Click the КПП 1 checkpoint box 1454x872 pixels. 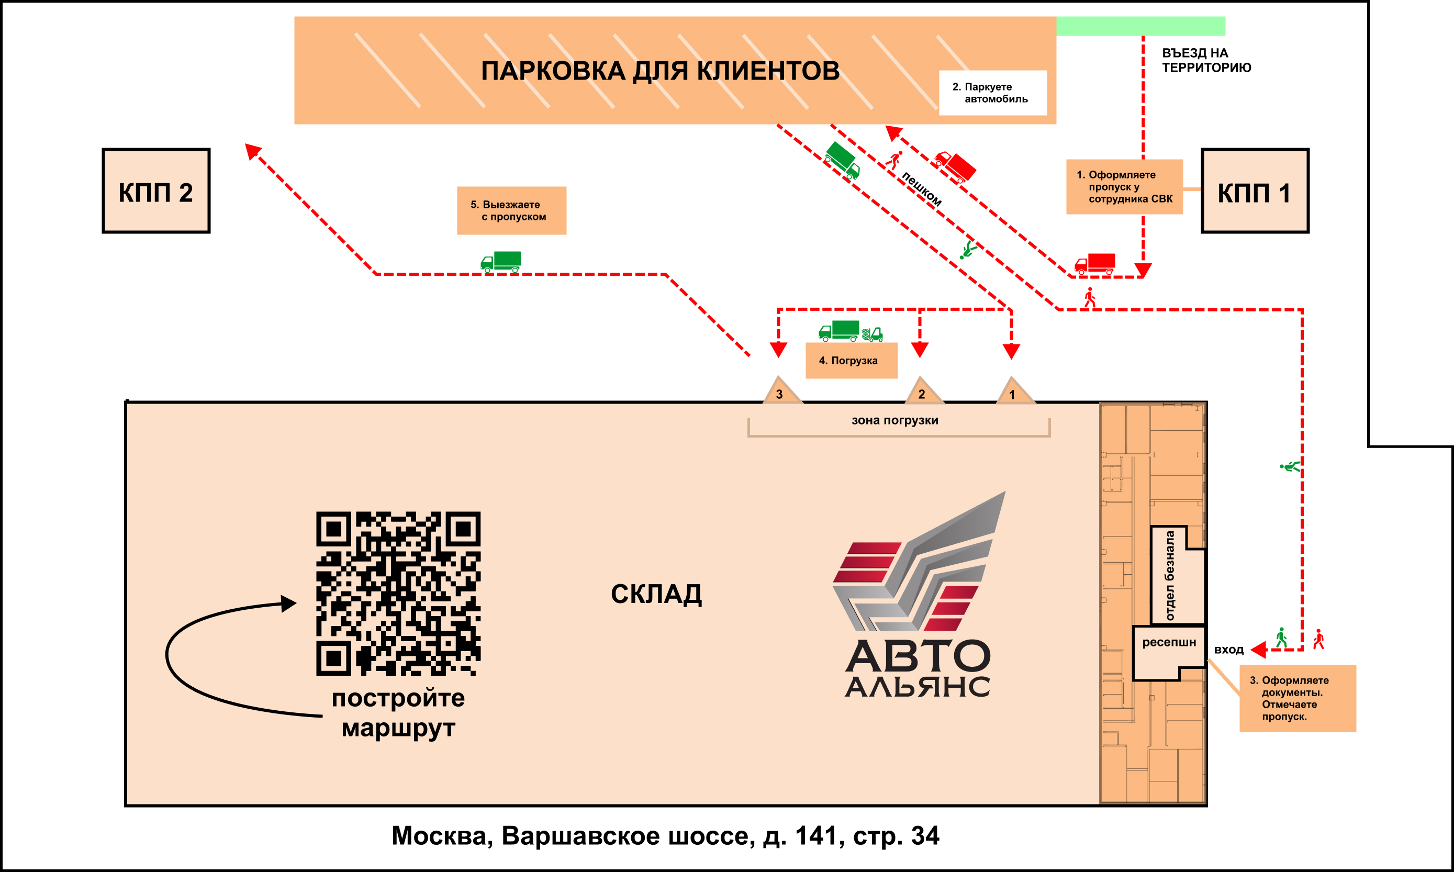pyautogui.click(x=1255, y=192)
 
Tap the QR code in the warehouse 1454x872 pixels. pyautogui.click(x=398, y=594)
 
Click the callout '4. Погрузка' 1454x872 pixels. pyautogui.click(x=851, y=360)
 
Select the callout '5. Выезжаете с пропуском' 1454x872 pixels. pyautogui.click(x=511, y=210)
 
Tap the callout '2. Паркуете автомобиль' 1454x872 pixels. pyautogui.click(x=992, y=93)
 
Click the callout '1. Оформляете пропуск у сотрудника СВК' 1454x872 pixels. pyautogui.click(x=1124, y=187)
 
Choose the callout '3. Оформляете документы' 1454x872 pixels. pyautogui.click(x=1297, y=698)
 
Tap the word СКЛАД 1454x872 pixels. pyautogui.click(x=656, y=594)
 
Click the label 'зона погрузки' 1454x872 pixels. pyautogui.click(x=894, y=420)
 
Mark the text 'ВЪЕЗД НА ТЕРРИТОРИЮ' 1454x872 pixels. pyautogui.click(x=1206, y=60)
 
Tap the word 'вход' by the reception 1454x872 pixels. pyautogui.click(x=1228, y=650)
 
